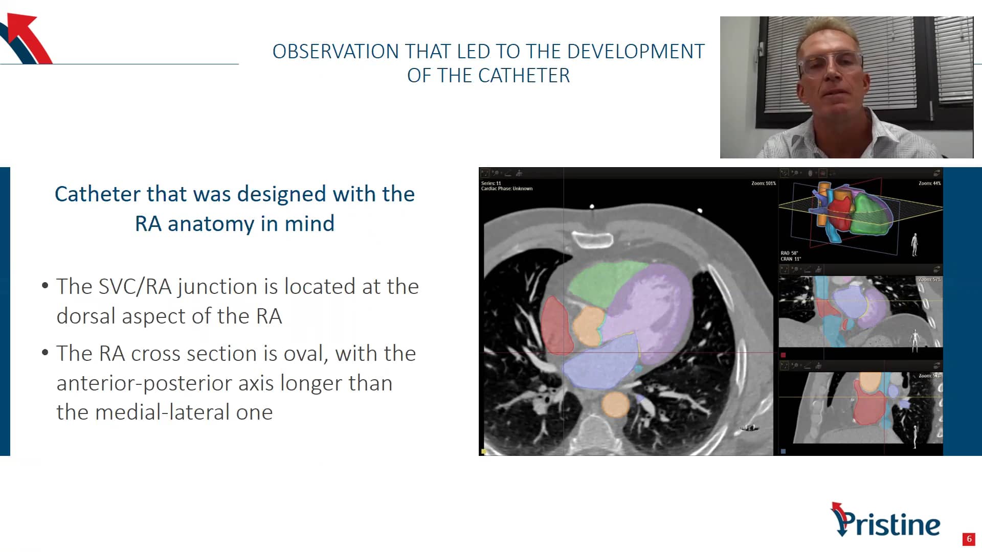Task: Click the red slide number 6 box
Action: tap(968, 539)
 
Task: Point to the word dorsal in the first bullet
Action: tap(86, 316)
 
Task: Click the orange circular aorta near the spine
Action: tap(615, 404)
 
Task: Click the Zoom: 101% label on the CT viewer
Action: tap(763, 183)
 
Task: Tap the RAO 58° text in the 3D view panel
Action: tap(789, 253)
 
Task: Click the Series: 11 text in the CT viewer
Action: tap(491, 183)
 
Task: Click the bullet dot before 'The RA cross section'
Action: tap(45, 353)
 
